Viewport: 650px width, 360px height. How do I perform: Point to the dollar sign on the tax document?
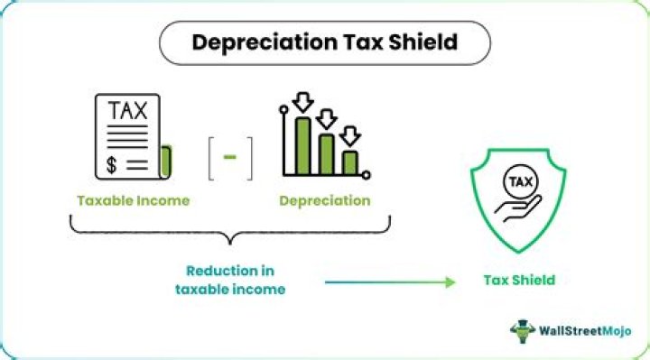tap(111, 164)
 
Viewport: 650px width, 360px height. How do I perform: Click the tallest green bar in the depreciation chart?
tap(304, 145)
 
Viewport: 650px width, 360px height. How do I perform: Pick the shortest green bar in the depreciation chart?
tap(349, 162)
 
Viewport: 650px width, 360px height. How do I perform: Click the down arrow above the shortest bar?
tap(350, 135)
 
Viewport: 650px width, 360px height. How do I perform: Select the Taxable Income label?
tap(134, 200)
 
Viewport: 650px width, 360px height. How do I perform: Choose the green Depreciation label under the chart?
tap(324, 200)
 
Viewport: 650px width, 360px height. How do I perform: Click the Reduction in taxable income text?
tap(229, 279)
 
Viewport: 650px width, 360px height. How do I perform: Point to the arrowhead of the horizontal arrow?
tap(450, 282)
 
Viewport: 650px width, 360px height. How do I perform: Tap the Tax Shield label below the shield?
tap(517, 281)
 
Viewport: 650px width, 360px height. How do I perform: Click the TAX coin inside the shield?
tap(519, 180)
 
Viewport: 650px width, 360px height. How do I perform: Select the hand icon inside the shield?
tap(513, 208)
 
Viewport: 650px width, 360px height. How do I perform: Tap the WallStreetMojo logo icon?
tap(524, 330)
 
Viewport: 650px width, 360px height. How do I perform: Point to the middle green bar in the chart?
tap(327, 154)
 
